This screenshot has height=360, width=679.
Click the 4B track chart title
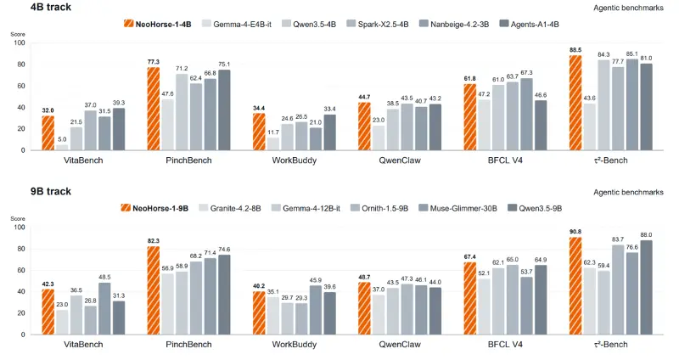[x=51, y=7]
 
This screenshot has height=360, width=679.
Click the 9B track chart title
[x=51, y=191]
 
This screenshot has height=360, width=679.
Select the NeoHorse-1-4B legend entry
[x=157, y=24]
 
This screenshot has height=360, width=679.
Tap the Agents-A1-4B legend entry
[x=529, y=24]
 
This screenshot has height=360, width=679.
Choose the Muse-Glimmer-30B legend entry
[x=457, y=208]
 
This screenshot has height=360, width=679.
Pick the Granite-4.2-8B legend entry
[x=229, y=208]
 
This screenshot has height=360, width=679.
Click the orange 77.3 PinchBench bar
[x=154, y=109]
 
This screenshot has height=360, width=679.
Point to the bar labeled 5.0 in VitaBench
[x=62, y=147]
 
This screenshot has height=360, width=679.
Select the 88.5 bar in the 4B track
[x=575, y=103]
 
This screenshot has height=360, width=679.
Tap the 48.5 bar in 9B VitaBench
[x=104, y=308]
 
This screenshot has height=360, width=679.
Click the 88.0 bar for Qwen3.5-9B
[x=646, y=287]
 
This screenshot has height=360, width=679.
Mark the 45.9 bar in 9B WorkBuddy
[x=316, y=310]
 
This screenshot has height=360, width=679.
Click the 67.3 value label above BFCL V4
[x=526, y=73]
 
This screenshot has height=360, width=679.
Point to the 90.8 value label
[x=575, y=232]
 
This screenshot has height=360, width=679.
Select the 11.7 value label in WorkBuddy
[x=273, y=132]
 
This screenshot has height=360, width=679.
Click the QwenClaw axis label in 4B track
[x=400, y=160]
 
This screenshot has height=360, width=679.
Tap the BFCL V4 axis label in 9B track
[x=505, y=345]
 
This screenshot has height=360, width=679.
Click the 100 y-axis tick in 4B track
[x=20, y=43]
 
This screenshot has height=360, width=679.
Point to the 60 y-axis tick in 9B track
[x=21, y=270]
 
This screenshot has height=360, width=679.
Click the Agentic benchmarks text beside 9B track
[x=628, y=192]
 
